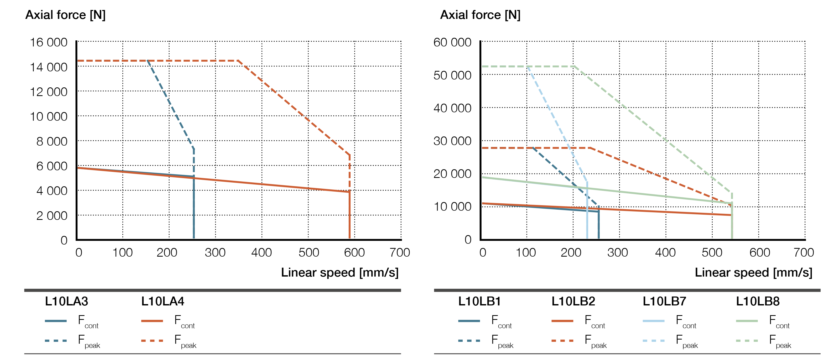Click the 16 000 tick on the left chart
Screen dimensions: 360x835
coord(49,43)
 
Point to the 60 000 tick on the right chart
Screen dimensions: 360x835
coord(452,43)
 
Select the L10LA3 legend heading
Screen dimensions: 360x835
coord(66,301)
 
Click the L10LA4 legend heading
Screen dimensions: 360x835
coord(163,301)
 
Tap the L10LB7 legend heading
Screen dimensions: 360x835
coord(665,301)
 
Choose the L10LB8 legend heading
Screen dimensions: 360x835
coord(758,301)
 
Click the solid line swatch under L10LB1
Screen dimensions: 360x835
coord(469,321)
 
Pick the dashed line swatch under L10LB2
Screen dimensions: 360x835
coord(562,341)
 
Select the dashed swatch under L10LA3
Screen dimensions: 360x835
coord(56,341)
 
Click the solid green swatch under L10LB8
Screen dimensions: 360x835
coord(747,321)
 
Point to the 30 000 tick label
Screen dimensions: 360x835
coord(452,141)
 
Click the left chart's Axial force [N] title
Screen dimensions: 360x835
coord(65,15)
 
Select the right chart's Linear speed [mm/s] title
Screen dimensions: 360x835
coord(753,273)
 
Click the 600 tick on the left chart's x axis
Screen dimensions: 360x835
coord(354,252)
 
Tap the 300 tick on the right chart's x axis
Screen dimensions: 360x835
coord(618,252)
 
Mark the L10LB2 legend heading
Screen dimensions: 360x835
coord(573,301)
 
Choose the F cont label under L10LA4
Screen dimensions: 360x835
coord(184,321)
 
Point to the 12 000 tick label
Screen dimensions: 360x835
coord(49,92)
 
